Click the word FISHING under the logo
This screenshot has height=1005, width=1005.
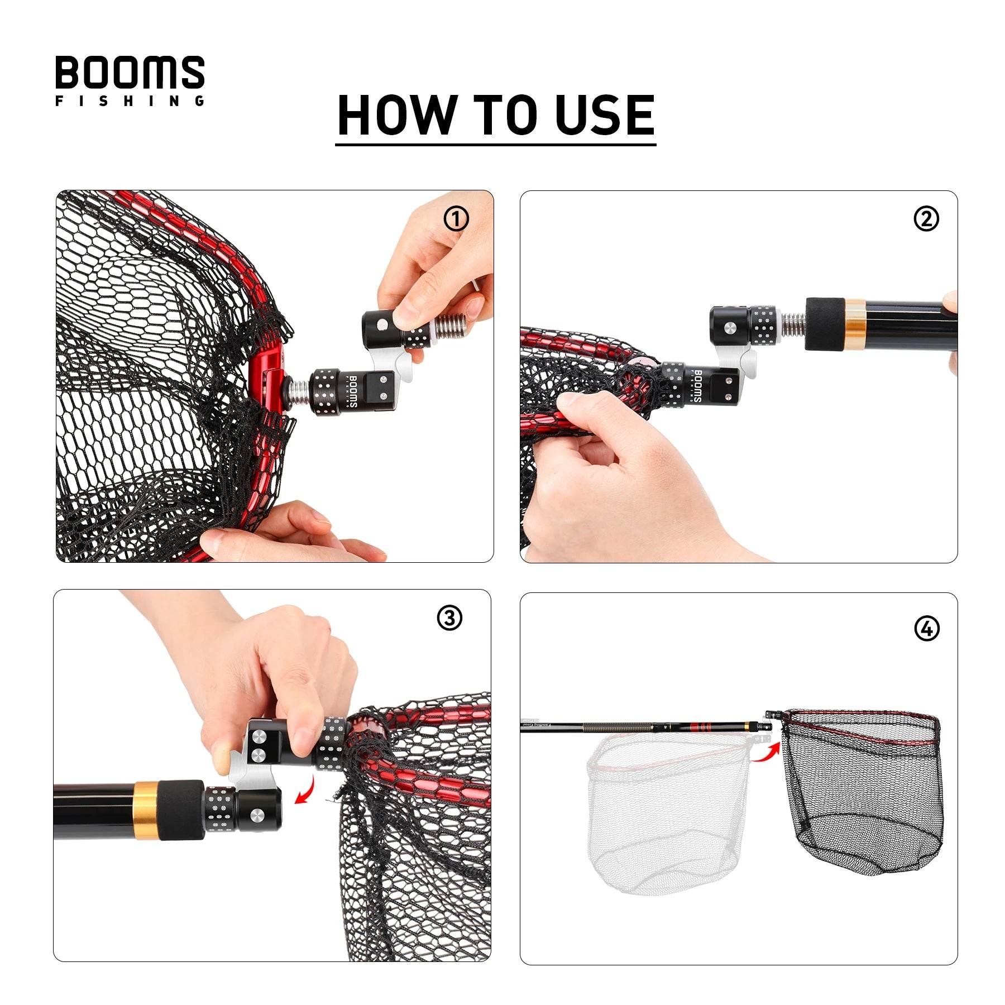[x=130, y=101]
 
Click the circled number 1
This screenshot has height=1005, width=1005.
[x=456, y=219]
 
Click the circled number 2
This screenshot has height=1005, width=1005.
[x=926, y=219]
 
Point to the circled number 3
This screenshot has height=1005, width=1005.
[x=449, y=618]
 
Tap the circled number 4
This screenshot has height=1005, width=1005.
[x=927, y=629]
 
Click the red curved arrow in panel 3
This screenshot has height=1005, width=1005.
[x=306, y=792]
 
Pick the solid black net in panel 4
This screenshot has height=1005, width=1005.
[x=863, y=804]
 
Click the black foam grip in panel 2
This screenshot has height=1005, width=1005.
[x=824, y=324]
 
